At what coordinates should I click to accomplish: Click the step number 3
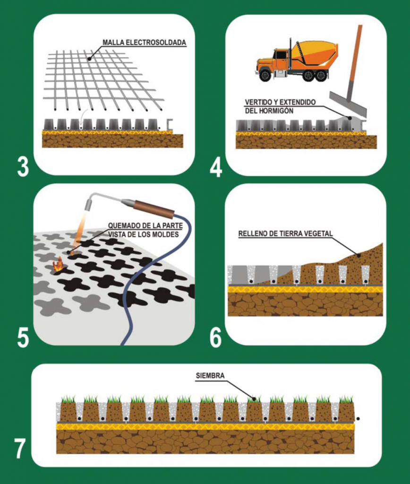point(23,167)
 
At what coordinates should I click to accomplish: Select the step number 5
point(23,337)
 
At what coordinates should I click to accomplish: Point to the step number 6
point(216,337)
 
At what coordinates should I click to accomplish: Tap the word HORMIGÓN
point(277,111)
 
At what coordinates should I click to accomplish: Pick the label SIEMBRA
point(210,376)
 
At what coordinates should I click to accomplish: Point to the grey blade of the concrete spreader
point(348,104)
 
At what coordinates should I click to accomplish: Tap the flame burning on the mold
point(58,265)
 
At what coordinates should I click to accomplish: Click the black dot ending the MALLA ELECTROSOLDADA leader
point(89,58)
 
